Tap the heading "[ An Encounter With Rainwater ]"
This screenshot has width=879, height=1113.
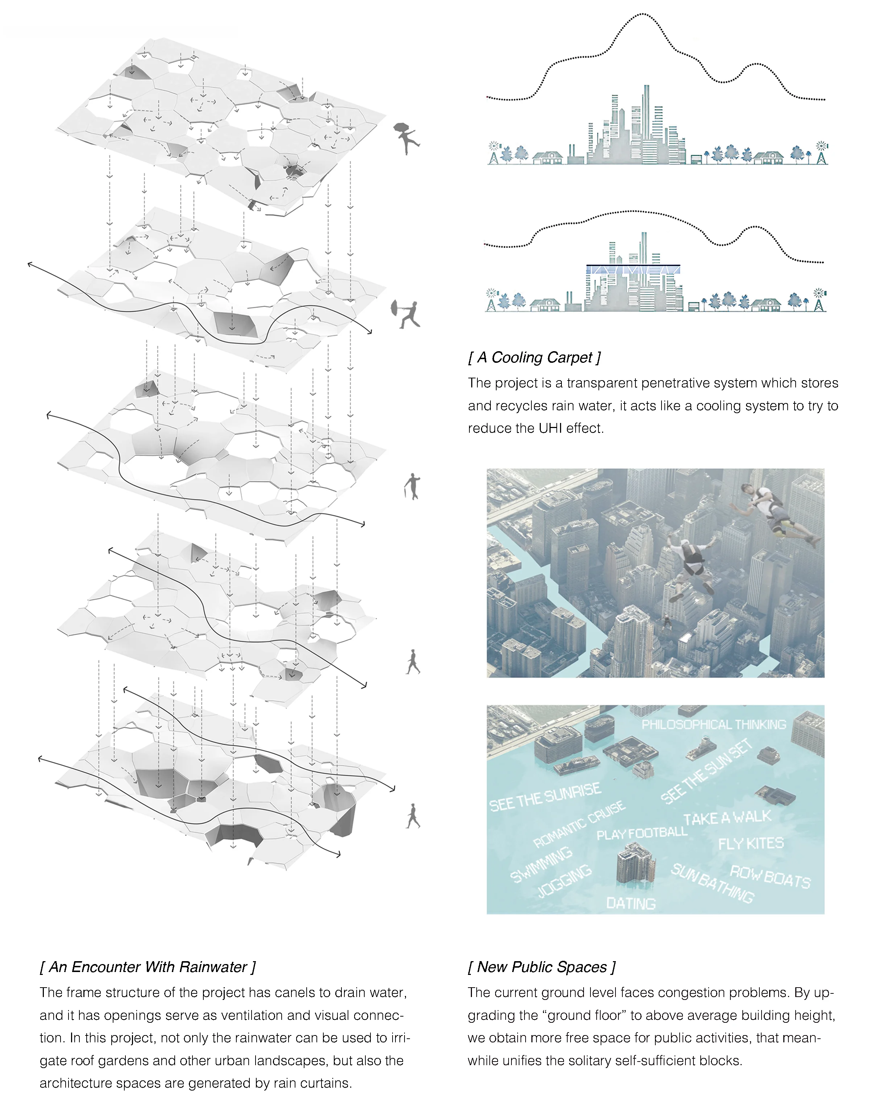coord(148,967)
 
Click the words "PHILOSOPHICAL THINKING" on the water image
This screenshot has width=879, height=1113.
coord(714,724)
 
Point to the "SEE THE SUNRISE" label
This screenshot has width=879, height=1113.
coord(544,797)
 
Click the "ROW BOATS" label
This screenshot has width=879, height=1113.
coord(770,877)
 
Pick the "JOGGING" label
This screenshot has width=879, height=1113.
coord(565,880)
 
